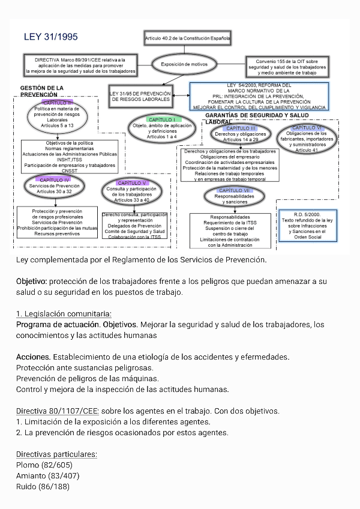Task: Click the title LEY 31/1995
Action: [x=50, y=37]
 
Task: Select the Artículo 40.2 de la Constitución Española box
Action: [x=187, y=38]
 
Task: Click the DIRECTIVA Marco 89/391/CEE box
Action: [x=80, y=65]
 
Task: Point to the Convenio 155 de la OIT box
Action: [x=287, y=67]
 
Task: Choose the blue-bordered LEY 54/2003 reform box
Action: [x=259, y=96]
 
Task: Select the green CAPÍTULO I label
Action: [x=161, y=119]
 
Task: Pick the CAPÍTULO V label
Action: [x=132, y=182]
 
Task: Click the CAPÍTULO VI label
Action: [x=307, y=128]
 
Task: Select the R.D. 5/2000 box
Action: [x=308, y=225]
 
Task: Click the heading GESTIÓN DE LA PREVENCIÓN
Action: [x=41, y=91]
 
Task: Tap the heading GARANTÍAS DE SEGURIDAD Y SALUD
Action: [x=257, y=115]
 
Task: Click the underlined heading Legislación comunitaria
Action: [x=64, y=314]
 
